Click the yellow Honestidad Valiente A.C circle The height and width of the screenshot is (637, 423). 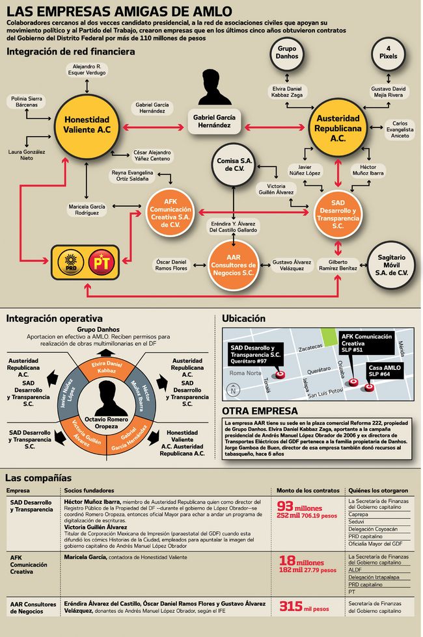(x=87, y=124)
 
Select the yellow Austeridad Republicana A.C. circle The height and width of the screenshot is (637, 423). (x=338, y=127)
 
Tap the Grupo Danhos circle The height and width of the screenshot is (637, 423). (x=288, y=51)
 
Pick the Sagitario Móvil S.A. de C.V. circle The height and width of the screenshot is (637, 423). (x=389, y=263)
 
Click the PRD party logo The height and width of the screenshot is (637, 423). (x=71, y=263)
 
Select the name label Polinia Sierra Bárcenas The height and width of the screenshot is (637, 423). (x=27, y=101)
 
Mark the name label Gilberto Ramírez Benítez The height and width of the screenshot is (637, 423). (x=338, y=265)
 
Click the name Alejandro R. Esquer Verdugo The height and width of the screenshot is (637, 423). (x=87, y=70)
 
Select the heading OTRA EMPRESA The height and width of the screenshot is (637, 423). (x=260, y=411)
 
